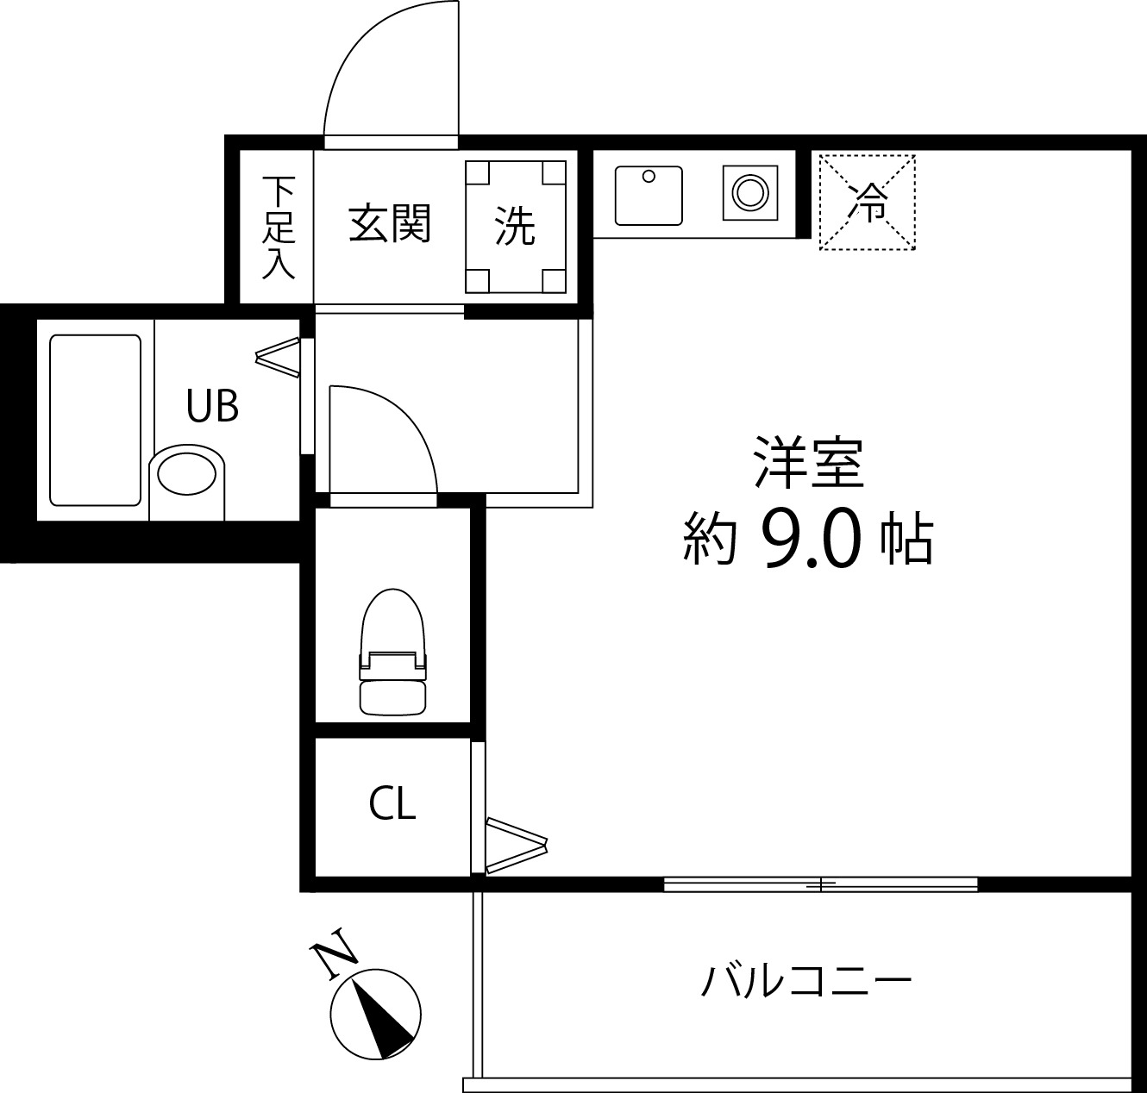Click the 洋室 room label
click(x=809, y=463)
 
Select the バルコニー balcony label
click(x=806, y=982)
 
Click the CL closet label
click(x=392, y=803)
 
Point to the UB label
click(x=212, y=405)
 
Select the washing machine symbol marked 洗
click(x=516, y=227)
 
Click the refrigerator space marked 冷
click(x=867, y=203)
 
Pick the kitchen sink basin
click(x=649, y=196)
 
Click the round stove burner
click(x=747, y=192)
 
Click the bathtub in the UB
click(x=95, y=419)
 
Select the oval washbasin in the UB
click(x=186, y=474)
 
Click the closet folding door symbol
click(x=516, y=844)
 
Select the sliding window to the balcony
click(x=820, y=884)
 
